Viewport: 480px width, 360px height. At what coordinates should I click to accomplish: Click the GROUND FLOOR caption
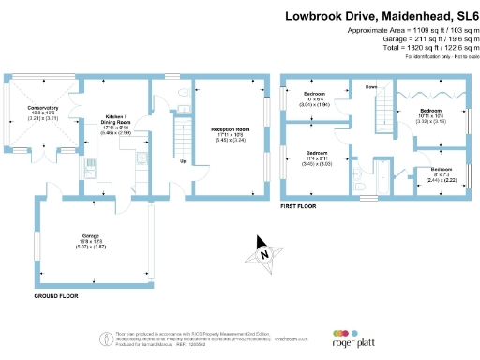tap(55, 296)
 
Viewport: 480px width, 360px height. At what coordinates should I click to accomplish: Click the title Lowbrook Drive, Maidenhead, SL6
tap(376, 16)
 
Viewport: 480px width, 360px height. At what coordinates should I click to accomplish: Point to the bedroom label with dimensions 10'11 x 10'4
tap(433, 115)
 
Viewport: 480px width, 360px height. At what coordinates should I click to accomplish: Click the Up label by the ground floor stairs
tap(181, 160)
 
